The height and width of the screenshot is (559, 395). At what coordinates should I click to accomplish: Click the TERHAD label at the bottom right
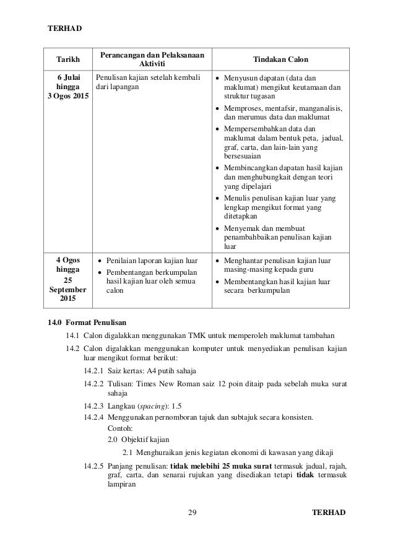[x=329, y=513]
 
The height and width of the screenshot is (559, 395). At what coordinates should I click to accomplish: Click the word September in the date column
[x=67, y=289]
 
